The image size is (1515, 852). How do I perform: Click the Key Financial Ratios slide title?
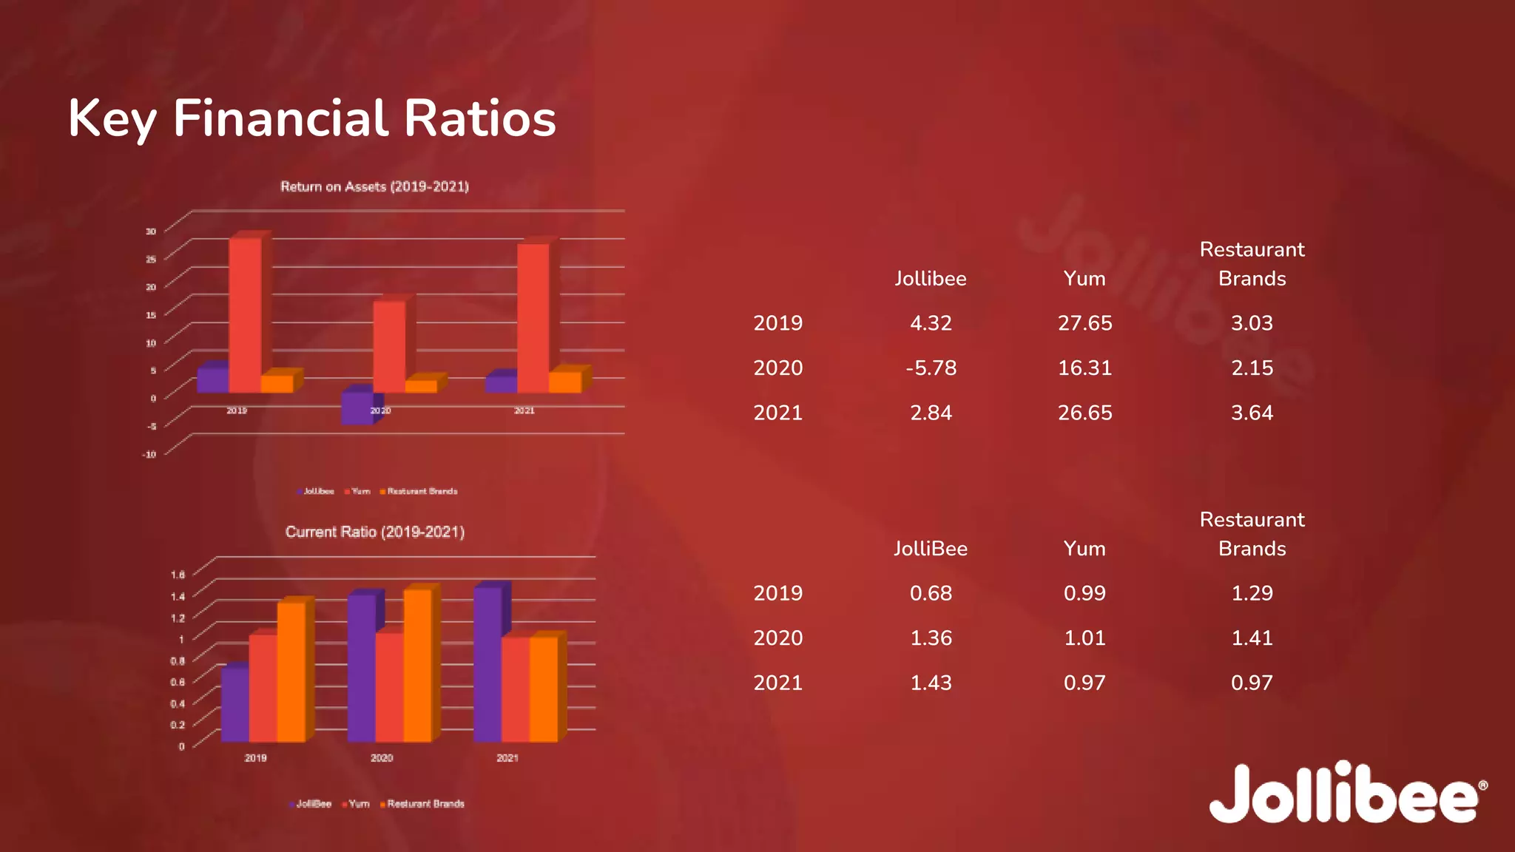tap(311, 119)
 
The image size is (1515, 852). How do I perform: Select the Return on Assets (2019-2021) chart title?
tap(374, 186)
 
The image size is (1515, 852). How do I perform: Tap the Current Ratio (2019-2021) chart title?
tap(374, 532)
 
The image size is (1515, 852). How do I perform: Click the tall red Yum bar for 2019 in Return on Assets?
tap(245, 314)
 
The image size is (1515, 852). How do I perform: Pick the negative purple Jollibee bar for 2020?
tap(357, 408)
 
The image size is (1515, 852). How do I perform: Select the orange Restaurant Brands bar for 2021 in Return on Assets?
tap(565, 382)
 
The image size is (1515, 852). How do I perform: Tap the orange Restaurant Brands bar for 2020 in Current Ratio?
tap(417, 666)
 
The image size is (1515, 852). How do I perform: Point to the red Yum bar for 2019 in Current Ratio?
tap(263, 688)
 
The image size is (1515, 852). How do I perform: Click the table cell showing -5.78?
tap(931, 368)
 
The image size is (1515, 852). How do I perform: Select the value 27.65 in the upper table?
tap(1084, 323)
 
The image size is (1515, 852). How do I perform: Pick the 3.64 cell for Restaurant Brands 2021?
tap(1252, 413)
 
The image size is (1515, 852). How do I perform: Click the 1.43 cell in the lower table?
tap(931, 683)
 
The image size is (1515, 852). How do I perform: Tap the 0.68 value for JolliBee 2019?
tap(931, 593)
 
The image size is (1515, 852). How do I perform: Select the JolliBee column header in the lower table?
tap(931, 549)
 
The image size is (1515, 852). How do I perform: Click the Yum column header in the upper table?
tap(1084, 279)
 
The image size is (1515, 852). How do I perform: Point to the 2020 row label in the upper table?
tap(777, 368)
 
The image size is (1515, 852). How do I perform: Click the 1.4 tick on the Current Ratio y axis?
tap(178, 596)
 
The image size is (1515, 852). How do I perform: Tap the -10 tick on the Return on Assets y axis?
tap(149, 454)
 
